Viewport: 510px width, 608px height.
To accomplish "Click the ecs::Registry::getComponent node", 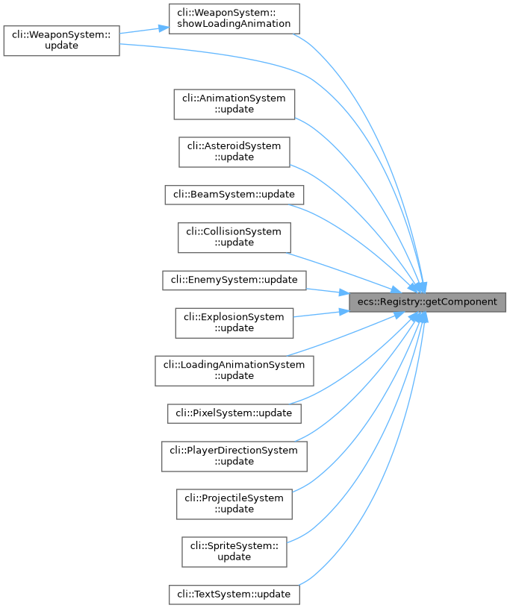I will (428, 302).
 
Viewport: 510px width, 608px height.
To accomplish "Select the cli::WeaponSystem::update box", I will (61, 40).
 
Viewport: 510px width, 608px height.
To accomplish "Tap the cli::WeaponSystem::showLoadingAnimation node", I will (234, 18).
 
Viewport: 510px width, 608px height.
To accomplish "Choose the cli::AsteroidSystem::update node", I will (234, 151).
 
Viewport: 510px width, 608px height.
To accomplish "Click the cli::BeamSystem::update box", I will (234, 194).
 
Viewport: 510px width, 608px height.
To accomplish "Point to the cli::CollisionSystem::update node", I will (234, 236).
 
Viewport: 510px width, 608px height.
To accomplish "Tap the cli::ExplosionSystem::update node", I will (234, 322).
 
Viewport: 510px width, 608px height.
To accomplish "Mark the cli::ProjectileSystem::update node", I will (234, 504).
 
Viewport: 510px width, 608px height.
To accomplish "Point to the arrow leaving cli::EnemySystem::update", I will (329, 290).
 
